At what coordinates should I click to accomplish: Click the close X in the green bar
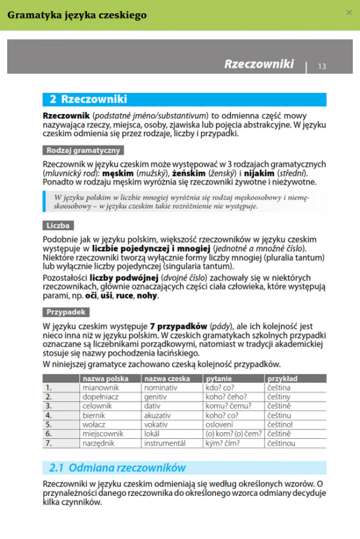pyautogui.click(x=349, y=13)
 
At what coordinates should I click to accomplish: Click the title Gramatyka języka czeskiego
pyautogui.click(x=79, y=15)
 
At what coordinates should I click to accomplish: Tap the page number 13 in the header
pyautogui.click(x=322, y=66)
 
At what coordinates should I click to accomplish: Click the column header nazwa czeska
pyautogui.click(x=167, y=379)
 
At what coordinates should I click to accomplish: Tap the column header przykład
pyautogui.click(x=283, y=379)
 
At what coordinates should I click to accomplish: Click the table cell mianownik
pyautogui.click(x=100, y=388)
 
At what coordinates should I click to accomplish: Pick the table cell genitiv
pyautogui.click(x=156, y=397)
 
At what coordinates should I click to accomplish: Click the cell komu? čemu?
pyautogui.click(x=227, y=406)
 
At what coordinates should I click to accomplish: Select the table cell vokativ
pyautogui.click(x=157, y=424)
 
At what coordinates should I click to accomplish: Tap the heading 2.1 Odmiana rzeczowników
pyautogui.click(x=118, y=468)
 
